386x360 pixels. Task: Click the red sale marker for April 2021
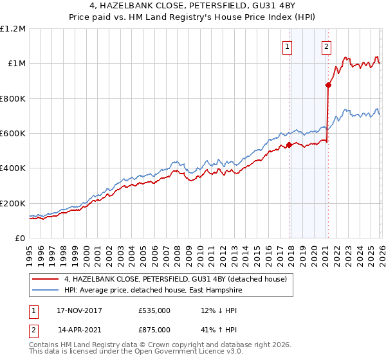(x=328, y=84)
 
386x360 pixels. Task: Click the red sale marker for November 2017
(x=289, y=145)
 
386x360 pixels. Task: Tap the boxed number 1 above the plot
(x=286, y=46)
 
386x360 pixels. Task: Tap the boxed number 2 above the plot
(x=327, y=46)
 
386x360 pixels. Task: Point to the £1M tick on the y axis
(x=17, y=64)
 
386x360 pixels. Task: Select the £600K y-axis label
(x=13, y=134)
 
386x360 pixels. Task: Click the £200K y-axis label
(x=13, y=203)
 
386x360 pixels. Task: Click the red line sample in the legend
(x=46, y=278)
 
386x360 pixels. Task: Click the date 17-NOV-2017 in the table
(x=79, y=310)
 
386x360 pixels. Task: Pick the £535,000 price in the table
(x=154, y=310)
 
